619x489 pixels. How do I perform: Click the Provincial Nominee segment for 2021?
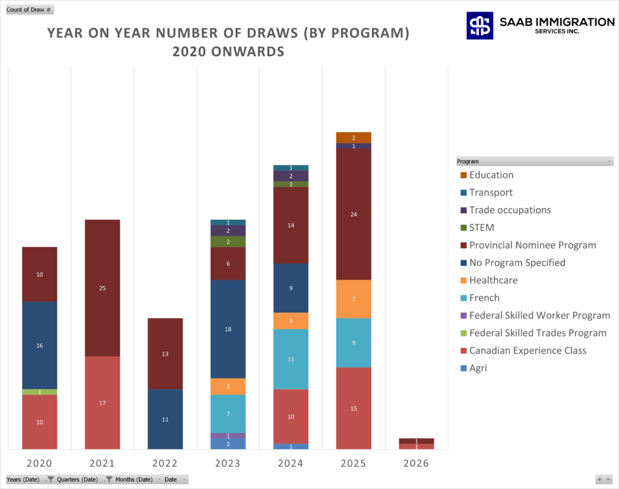(102, 288)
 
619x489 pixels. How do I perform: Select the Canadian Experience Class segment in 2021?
(102, 403)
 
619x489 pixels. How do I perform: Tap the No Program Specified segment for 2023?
(228, 329)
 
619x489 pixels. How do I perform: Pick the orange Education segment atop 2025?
(354, 138)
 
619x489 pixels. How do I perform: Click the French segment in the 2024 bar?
(291, 359)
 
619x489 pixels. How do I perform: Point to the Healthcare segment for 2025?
(354, 299)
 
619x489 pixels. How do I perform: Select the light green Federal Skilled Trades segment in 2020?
(39, 392)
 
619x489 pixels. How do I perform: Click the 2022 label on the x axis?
(165, 464)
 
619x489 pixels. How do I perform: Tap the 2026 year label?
(416, 464)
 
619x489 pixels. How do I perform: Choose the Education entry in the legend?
(491, 175)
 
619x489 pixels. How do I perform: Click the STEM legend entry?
(482, 228)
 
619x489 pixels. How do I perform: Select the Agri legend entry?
(478, 368)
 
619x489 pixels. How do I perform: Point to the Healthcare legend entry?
(493, 281)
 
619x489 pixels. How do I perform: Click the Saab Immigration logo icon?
(479, 25)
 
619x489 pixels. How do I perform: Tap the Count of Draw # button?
(30, 10)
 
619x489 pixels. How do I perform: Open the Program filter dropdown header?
(534, 162)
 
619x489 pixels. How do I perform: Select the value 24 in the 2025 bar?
(354, 214)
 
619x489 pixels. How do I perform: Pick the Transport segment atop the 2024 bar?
(291, 168)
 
